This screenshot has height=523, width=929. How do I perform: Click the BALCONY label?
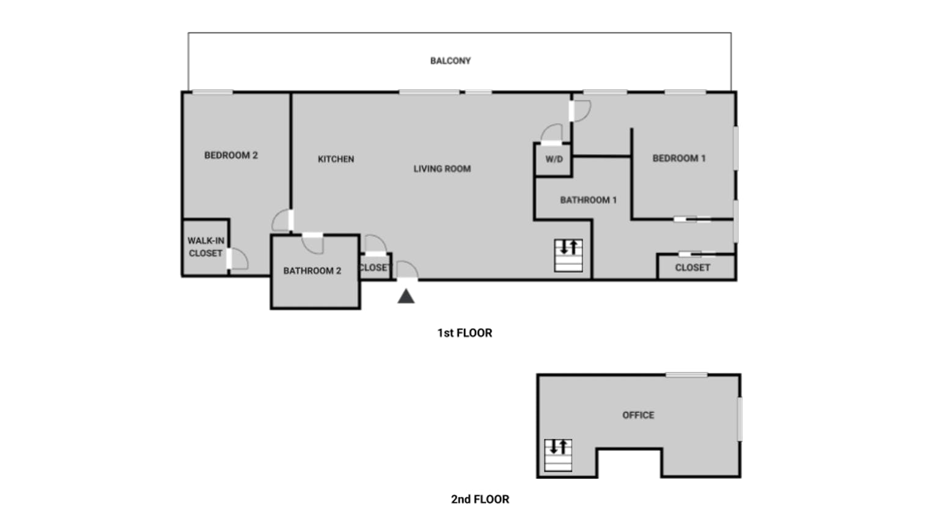(x=450, y=61)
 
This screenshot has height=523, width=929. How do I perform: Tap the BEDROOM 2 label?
(x=231, y=155)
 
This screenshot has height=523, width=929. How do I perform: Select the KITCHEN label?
(x=336, y=159)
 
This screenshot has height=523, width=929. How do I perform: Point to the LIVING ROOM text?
(x=442, y=169)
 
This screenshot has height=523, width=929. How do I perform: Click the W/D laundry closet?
(x=553, y=160)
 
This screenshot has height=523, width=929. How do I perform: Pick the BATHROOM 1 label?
(x=589, y=200)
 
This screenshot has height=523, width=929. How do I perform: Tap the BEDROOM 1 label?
(x=679, y=158)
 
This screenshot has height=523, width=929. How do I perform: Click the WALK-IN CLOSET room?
(x=206, y=247)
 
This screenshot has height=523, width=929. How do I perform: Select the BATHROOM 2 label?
(x=312, y=270)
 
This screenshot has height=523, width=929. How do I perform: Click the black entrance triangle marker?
(x=406, y=296)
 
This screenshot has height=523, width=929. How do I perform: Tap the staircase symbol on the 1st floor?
(x=568, y=256)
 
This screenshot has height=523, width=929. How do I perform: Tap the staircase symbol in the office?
(x=558, y=455)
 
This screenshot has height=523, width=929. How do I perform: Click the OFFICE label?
(x=638, y=415)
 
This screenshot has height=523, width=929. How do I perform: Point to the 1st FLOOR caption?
(x=465, y=333)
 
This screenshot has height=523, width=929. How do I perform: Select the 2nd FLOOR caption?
(x=480, y=499)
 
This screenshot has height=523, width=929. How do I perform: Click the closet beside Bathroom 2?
(x=375, y=267)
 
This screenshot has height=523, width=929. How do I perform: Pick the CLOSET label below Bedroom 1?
(x=692, y=268)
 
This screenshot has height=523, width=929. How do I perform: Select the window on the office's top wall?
(x=687, y=375)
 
